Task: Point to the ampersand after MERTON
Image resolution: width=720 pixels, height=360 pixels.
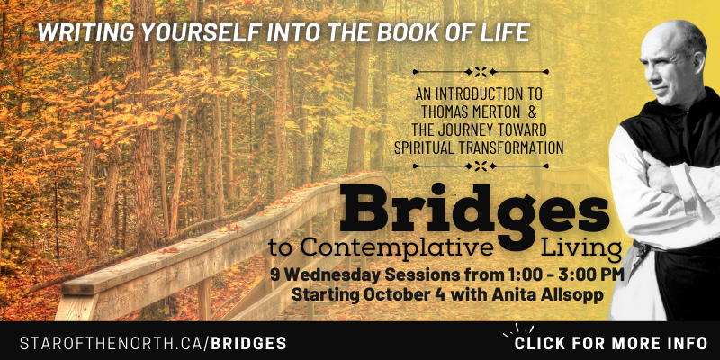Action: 532,112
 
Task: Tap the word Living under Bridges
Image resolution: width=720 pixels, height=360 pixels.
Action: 580,248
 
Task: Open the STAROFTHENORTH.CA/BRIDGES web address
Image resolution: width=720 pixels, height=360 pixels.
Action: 153,343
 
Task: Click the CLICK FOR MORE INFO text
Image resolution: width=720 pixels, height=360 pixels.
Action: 611,343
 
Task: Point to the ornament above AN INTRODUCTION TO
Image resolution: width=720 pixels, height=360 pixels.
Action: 481,72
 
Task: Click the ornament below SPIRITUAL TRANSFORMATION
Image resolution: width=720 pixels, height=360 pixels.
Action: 481,166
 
